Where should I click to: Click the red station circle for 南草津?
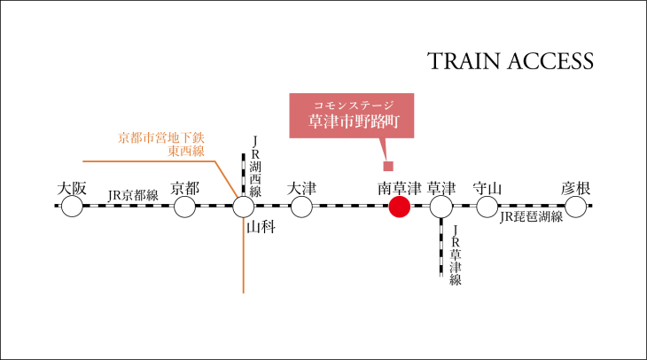(x=400, y=207)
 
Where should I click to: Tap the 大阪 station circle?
(x=72, y=207)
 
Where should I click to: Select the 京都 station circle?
(x=184, y=207)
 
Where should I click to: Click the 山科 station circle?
(x=244, y=207)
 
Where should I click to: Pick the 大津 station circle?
(x=301, y=207)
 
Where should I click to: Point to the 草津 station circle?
(x=441, y=207)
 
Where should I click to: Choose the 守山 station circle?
(x=487, y=207)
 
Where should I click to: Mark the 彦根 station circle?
(x=575, y=207)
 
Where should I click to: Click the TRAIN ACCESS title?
(x=511, y=61)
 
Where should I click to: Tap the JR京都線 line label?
(x=133, y=195)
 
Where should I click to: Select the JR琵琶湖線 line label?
(x=532, y=216)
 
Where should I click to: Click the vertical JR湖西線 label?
(x=255, y=167)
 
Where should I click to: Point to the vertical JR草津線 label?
(x=456, y=255)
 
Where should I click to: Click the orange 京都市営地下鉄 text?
(x=161, y=137)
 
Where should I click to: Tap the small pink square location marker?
(x=388, y=166)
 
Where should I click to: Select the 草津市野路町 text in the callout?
(x=354, y=121)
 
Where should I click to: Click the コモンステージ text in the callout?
(x=354, y=105)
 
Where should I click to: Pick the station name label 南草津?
(x=400, y=188)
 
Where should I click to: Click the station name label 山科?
(x=261, y=227)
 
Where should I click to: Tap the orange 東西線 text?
(x=186, y=151)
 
